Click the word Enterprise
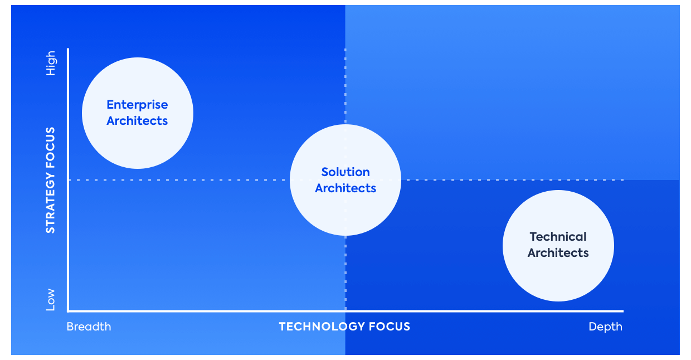tap(137, 105)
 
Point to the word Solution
tap(345, 172)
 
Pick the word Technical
tap(558, 237)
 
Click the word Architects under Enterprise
tap(137, 121)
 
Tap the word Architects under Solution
tap(345, 188)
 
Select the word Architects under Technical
tap(558, 253)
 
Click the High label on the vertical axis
tap(51, 64)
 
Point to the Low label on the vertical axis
tap(51, 299)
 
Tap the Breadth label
tap(89, 327)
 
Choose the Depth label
tap(605, 327)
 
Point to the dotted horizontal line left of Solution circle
tap(184, 180)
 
